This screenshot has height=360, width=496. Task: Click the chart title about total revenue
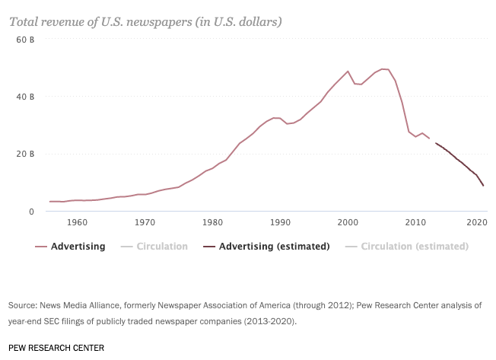tap(145, 21)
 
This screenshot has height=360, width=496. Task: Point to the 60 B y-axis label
tap(26, 40)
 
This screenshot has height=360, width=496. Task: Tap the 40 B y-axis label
tap(26, 97)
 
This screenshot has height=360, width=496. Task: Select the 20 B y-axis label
tap(26, 154)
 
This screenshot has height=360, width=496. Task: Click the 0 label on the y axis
tap(31, 212)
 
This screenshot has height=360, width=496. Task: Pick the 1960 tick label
tap(76, 223)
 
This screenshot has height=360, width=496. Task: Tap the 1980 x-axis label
tap(212, 223)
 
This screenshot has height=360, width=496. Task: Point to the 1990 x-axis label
tap(280, 223)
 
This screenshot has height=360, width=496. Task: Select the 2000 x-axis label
tap(348, 223)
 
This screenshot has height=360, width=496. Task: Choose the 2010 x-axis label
tap(415, 223)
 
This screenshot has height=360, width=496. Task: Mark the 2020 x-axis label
tap(476, 223)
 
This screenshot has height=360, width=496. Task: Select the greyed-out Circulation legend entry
tap(161, 247)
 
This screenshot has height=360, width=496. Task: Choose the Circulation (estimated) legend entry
tap(415, 247)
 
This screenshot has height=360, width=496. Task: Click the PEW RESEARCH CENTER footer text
tap(56, 347)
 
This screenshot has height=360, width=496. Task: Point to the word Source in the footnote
tap(23, 305)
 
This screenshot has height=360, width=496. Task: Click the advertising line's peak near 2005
tap(383, 69)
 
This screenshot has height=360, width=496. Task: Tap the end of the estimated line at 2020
tap(483, 186)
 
